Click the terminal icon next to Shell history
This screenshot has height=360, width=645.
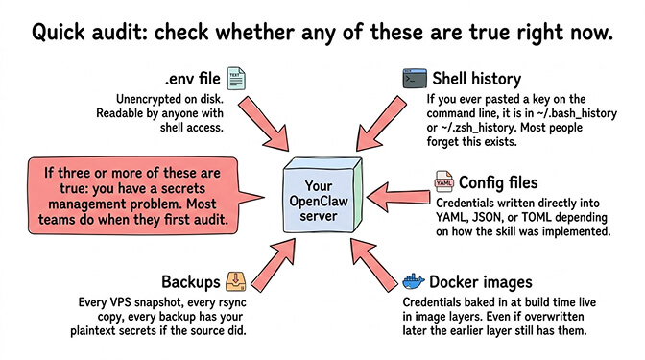[x=415, y=76]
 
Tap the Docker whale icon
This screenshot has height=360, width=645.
[x=414, y=282]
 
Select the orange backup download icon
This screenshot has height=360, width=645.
[x=236, y=281]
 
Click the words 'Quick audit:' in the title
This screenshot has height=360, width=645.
[x=95, y=32]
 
